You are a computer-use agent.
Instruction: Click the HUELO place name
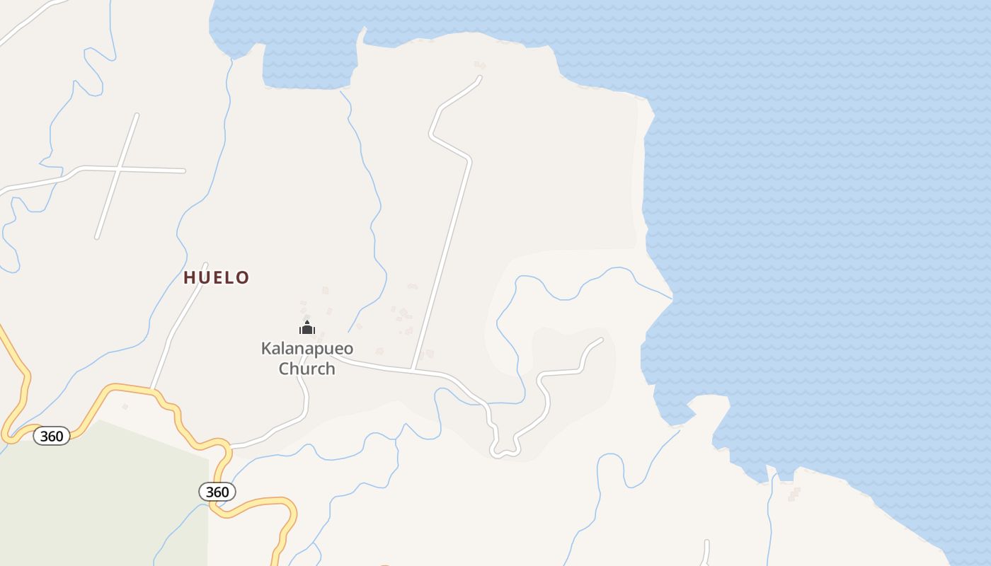click(217, 277)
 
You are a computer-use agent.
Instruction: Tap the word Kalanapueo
click(307, 348)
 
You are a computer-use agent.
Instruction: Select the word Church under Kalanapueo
click(307, 369)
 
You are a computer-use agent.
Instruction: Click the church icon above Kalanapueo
click(307, 328)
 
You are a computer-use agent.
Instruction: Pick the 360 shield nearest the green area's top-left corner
click(52, 436)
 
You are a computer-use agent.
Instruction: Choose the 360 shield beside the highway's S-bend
click(217, 491)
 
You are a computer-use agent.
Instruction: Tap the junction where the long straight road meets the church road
click(412, 369)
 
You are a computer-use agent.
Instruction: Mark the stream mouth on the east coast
click(671, 297)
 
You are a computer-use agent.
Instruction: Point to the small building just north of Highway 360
click(125, 406)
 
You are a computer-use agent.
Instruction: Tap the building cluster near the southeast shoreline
click(794, 493)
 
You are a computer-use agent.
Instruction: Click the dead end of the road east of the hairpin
click(601, 340)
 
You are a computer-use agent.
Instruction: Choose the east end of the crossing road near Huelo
click(183, 171)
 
